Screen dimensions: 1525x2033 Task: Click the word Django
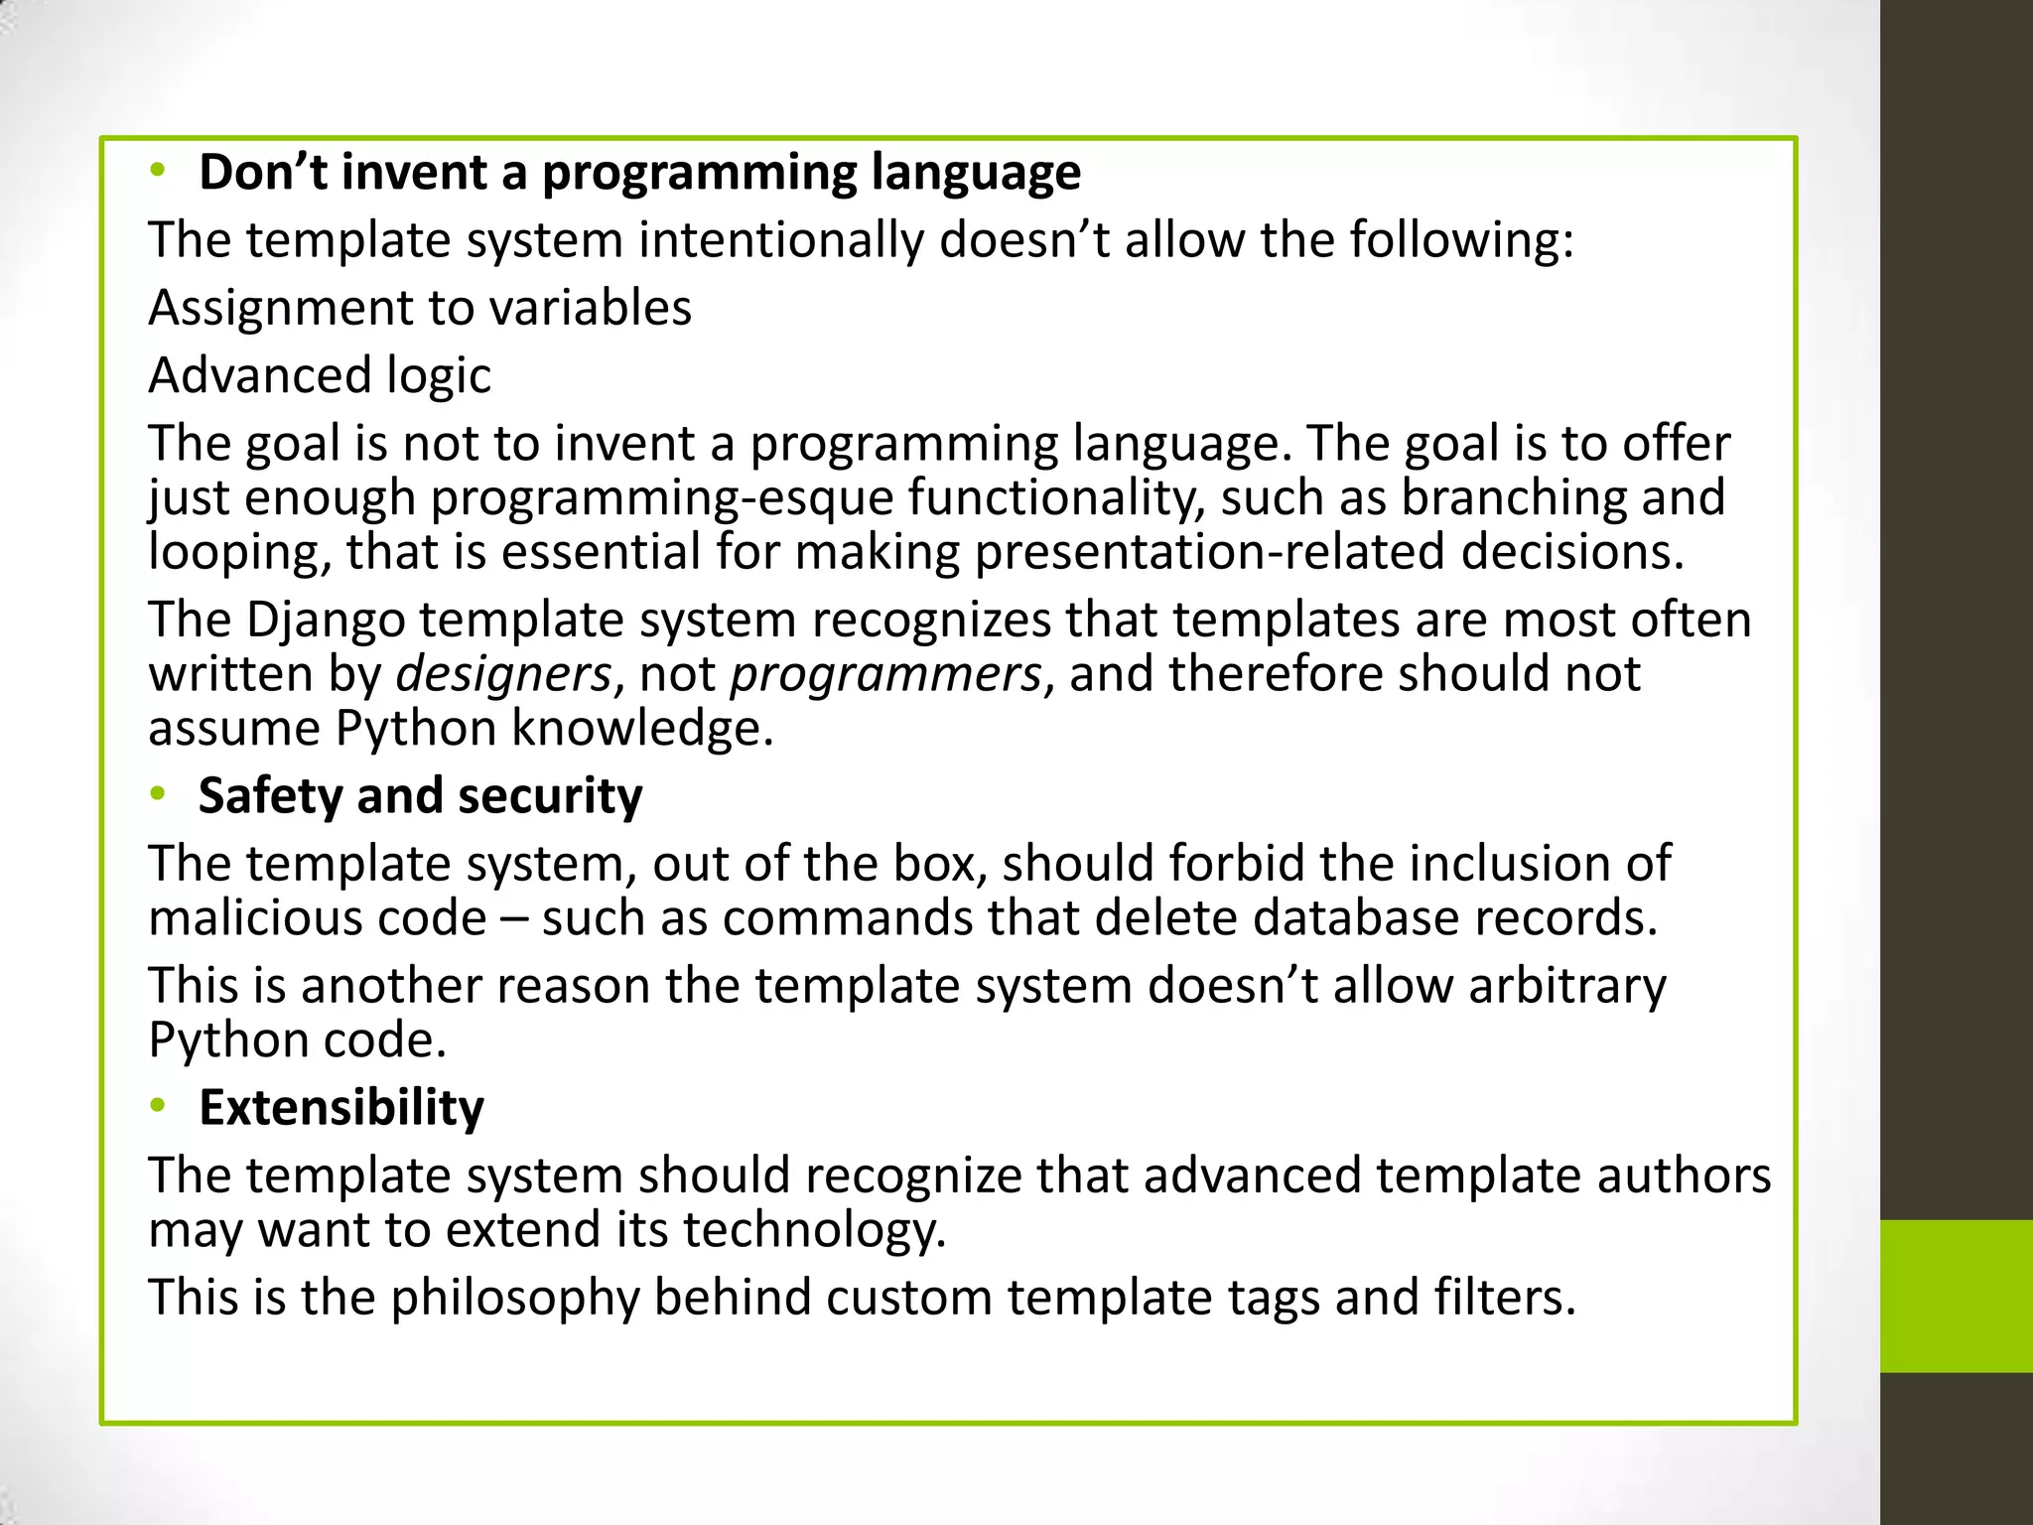tap(325, 621)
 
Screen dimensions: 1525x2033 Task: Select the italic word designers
tap(502, 675)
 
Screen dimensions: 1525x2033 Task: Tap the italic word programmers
tap(885, 675)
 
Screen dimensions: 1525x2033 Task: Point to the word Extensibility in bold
tap(340, 1107)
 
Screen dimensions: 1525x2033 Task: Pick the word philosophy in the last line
tap(515, 1298)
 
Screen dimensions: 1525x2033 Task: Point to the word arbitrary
tap(1567, 986)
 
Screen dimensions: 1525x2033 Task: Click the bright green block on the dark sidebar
tap(1957, 1296)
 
